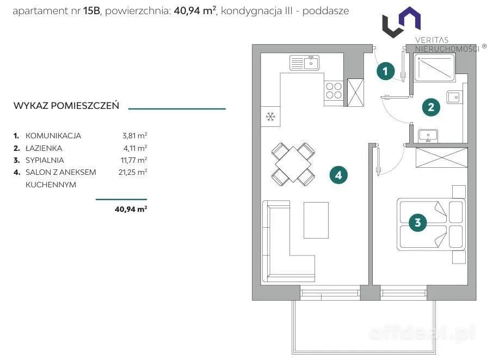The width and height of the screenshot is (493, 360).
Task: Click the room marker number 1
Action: (385, 71)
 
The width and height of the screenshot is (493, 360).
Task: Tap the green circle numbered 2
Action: (431, 107)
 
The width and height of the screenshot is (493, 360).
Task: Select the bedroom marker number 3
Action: (417, 223)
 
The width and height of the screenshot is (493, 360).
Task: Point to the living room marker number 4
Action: (338, 175)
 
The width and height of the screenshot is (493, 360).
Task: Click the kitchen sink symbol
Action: (304, 63)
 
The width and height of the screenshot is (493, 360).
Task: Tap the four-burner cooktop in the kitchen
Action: (334, 90)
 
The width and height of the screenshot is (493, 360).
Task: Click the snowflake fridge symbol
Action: (270, 117)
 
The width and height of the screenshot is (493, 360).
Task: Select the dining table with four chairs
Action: (293, 164)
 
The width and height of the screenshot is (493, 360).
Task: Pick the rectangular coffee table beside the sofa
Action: (316, 220)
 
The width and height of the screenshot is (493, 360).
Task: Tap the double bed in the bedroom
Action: (431, 224)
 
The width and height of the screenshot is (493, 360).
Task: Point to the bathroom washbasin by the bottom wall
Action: (428, 136)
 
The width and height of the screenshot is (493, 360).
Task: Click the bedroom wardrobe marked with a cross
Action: (441, 157)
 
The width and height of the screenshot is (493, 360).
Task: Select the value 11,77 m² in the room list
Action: (134, 160)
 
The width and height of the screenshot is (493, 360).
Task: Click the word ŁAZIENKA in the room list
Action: (44, 148)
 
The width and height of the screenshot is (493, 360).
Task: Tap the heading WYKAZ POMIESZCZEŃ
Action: (66, 106)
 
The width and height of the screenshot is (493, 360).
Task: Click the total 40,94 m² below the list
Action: (131, 209)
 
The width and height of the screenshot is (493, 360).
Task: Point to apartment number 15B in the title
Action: (91, 11)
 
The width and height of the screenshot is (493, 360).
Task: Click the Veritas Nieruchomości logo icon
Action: (402, 22)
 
